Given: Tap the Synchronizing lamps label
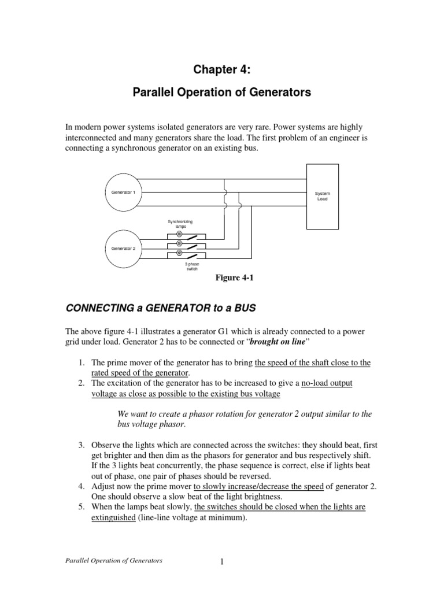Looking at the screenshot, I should pos(180,224).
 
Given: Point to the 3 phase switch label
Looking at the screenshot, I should pos(191,267).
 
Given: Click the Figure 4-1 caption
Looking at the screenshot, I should pos(235,278).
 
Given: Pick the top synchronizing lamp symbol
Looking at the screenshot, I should pos(179,234).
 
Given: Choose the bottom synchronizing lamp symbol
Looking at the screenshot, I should pos(179,253).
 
